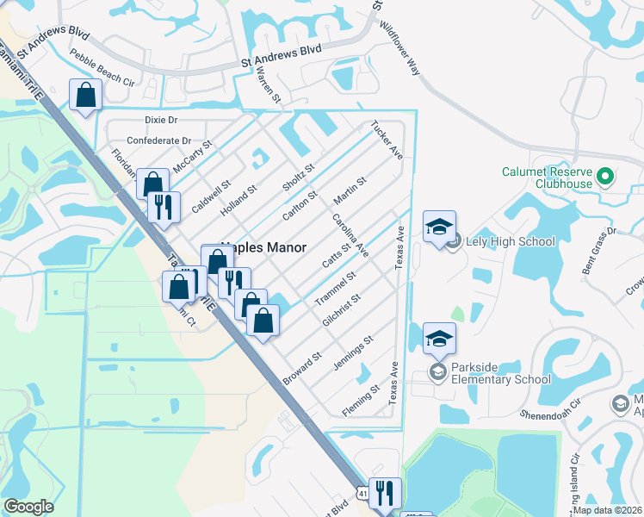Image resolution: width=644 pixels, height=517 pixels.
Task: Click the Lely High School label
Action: [510, 241]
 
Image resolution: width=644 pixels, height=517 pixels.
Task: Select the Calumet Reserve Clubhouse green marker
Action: [605, 178]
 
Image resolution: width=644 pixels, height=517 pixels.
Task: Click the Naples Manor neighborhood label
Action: [264, 247]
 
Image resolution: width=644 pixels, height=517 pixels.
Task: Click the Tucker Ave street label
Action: [387, 140]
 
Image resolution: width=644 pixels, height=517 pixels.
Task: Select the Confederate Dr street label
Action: [158, 140]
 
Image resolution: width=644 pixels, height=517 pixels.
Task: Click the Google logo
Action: [28, 507]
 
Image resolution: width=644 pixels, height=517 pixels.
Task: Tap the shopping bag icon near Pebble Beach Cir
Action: [86, 96]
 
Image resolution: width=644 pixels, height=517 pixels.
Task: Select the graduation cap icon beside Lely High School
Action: [439, 227]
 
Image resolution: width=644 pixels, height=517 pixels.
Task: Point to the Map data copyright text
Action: [608, 510]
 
